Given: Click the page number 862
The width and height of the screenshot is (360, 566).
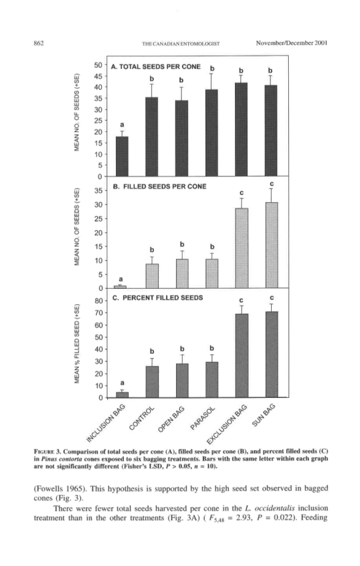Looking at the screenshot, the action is click(x=39, y=44).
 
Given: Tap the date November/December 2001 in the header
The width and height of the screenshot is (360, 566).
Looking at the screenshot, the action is click(x=292, y=43).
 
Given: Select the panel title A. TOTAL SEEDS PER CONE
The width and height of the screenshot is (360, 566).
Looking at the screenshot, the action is click(x=156, y=66).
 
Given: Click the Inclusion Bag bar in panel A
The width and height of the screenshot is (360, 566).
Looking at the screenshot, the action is click(x=122, y=156).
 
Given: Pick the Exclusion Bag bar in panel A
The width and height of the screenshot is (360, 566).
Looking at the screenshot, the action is click(x=241, y=129).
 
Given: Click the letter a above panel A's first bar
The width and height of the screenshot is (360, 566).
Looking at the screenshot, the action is click(x=122, y=125).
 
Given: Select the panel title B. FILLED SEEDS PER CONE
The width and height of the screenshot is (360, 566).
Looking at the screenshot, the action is click(x=159, y=186).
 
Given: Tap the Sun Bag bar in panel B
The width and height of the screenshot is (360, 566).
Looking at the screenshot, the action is click(x=272, y=245).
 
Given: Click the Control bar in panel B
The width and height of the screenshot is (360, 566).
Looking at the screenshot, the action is click(x=152, y=276).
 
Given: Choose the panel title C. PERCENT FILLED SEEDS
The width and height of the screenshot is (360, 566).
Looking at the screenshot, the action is click(x=158, y=298).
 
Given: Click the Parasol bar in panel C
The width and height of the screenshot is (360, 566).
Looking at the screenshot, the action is click(x=212, y=380).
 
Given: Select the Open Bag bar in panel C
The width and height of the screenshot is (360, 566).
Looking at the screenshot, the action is click(x=182, y=380).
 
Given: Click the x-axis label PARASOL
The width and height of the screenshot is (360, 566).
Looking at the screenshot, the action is click(x=202, y=418).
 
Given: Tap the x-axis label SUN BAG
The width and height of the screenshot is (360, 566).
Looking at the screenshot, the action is click(x=264, y=415).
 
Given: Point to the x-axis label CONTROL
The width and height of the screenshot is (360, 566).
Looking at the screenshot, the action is click(x=142, y=419).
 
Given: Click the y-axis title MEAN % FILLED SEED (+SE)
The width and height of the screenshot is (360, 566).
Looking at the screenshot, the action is click(x=77, y=344).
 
